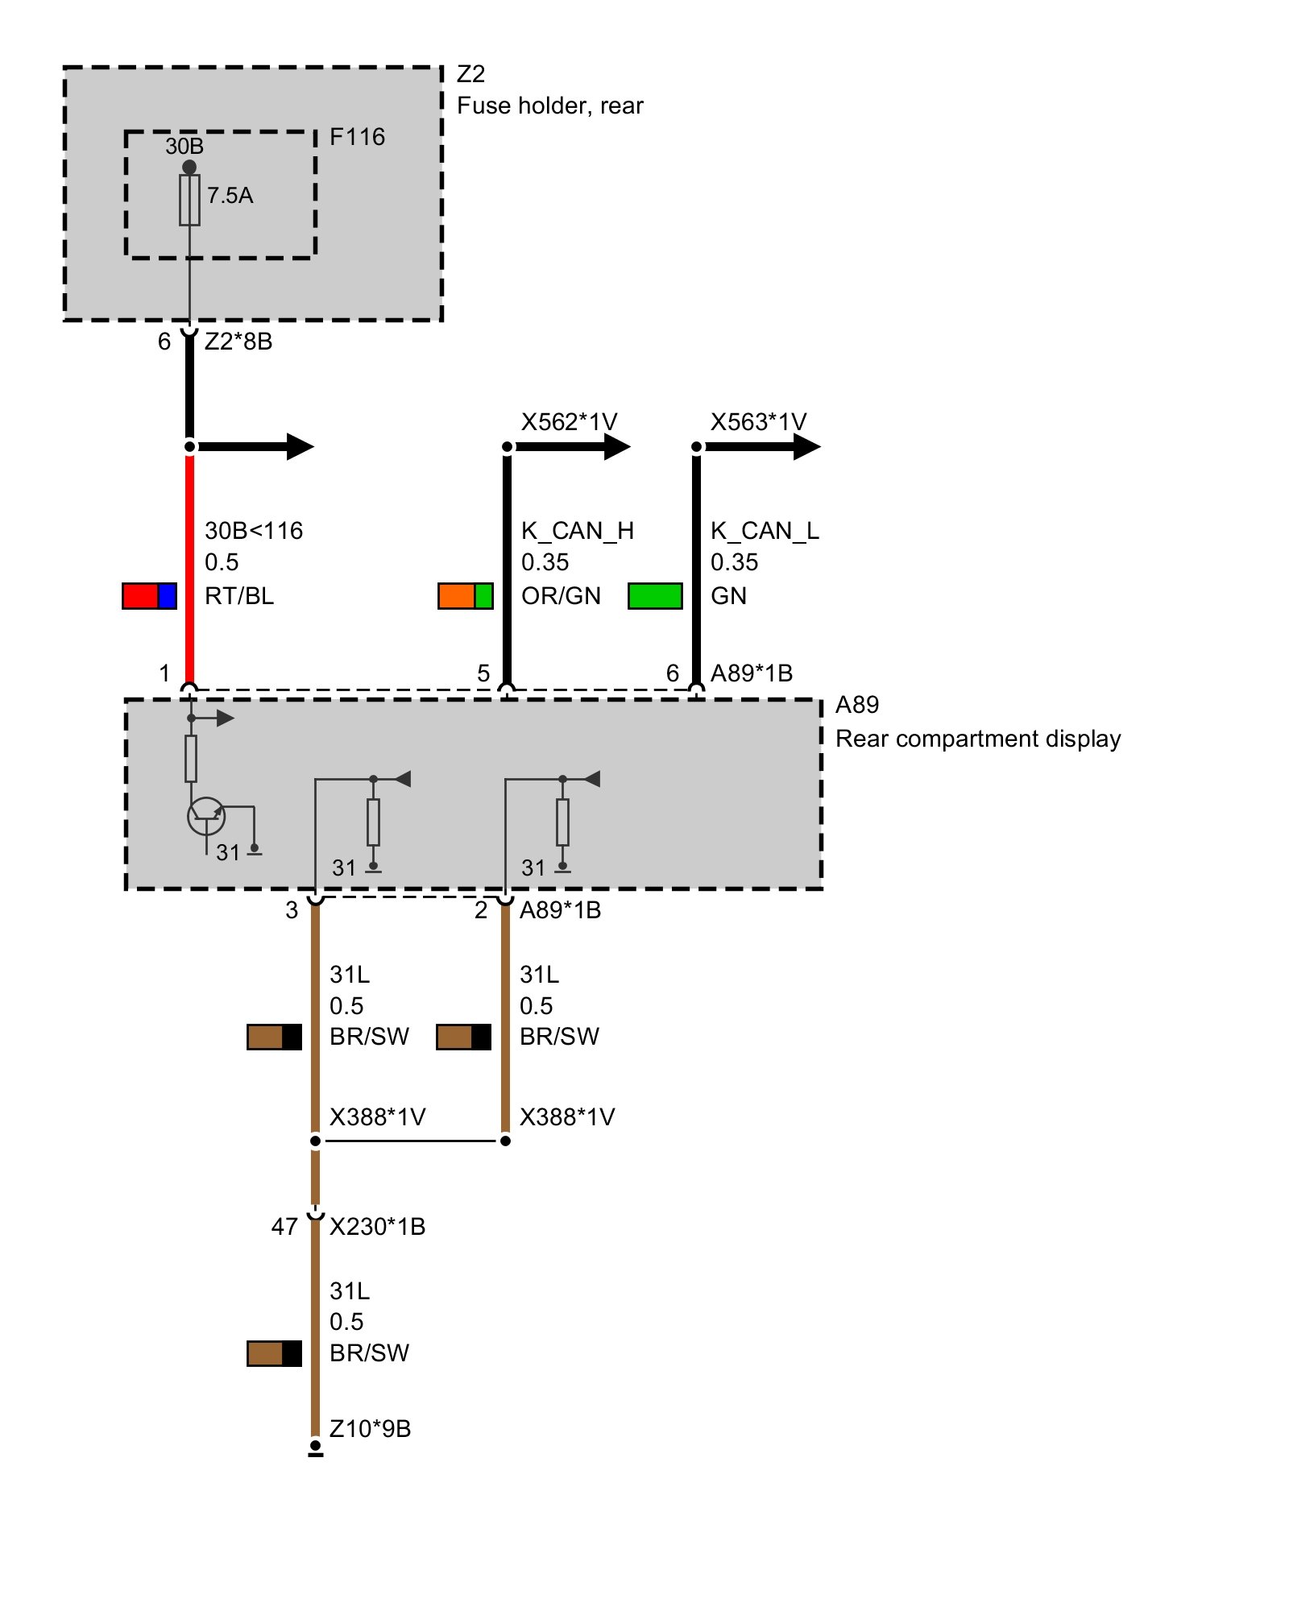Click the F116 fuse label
coord(357,137)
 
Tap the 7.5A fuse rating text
coord(230,196)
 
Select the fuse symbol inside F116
coord(189,200)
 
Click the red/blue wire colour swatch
coord(149,596)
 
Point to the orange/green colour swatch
coord(465,596)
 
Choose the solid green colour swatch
coord(655,596)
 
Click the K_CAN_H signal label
coord(577,531)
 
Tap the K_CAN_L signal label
coord(764,531)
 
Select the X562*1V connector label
coord(569,422)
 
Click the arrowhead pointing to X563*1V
coord(806,446)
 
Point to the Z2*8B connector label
coord(238,342)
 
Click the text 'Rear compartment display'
coord(977,739)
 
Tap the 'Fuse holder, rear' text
coord(549,106)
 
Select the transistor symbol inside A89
coord(206,817)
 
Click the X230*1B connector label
coord(377,1227)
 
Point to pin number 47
coord(284,1227)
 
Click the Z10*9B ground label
coord(370,1429)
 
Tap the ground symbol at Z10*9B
coord(316,1448)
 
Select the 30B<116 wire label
coord(254,531)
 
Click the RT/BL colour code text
coord(239,596)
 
